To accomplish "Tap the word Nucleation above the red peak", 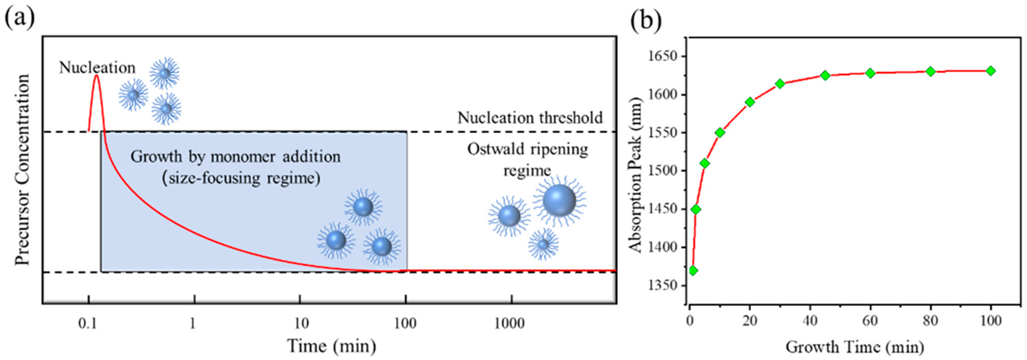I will tap(97, 67).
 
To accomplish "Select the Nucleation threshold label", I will tap(530, 118).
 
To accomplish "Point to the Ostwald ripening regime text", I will tap(527, 160).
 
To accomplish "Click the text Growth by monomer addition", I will tap(235, 157).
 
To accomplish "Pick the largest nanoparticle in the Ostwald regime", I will tap(559, 200).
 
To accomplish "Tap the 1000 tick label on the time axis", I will tap(509, 323).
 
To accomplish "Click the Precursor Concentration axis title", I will tap(22, 169).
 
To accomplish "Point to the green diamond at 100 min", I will tap(991, 71).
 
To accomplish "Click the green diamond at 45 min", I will tap(825, 75).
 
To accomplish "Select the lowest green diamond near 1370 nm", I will tap(693, 271).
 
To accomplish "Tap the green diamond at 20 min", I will tap(750, 102).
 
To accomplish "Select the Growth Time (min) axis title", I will tap(855, 347).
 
